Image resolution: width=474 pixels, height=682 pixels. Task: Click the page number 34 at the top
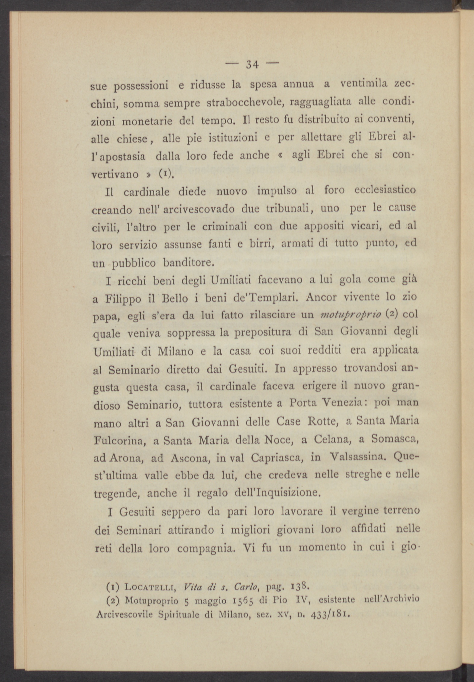coord(252,64)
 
